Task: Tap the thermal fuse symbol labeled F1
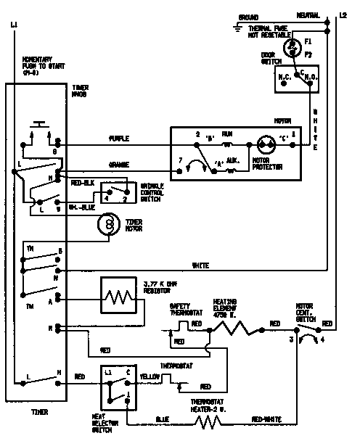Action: (292, 46)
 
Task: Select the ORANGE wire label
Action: (119, 164)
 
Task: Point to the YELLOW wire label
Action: (149, 376)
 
